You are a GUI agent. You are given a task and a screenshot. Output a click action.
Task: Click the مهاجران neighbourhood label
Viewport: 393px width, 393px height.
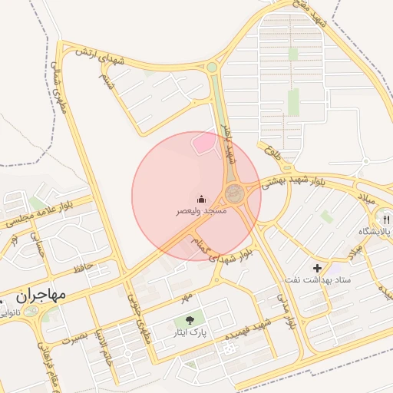point(40,295)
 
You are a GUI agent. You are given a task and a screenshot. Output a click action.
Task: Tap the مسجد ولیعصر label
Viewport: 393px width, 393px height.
point(202,211)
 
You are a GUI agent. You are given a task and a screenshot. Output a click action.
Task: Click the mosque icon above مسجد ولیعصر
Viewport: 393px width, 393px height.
point(202,199)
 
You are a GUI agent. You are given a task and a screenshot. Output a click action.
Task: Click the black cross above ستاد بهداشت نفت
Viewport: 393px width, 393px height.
point(318,268)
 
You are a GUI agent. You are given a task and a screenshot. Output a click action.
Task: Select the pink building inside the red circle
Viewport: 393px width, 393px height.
point(203,143)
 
